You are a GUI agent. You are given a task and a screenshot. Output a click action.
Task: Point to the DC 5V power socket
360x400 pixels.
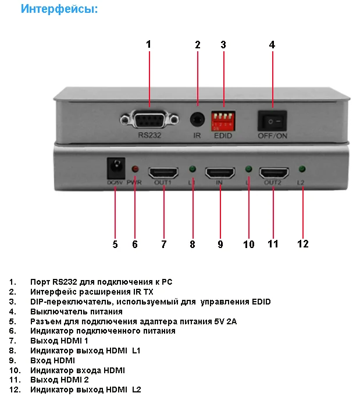tap(115, 169)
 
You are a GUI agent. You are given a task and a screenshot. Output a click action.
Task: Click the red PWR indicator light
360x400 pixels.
tap(134, 169)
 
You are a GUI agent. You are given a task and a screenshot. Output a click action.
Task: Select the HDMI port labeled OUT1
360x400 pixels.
tap(163, 172)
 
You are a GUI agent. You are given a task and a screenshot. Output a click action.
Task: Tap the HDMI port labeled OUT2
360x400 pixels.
tap(274, 172)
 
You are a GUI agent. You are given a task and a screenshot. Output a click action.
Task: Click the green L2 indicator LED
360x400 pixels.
tap(301, 169)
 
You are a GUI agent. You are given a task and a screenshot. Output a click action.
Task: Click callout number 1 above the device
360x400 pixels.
tap(148, 44)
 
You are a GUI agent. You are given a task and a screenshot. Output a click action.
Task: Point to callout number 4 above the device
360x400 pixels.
tap(272, 45)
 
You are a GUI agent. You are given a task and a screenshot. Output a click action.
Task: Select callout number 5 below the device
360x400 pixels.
tap(115, 245)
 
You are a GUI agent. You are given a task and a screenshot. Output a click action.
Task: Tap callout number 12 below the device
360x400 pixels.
tap(302, 244)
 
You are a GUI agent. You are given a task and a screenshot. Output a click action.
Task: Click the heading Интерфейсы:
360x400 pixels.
tap(59, 9)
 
